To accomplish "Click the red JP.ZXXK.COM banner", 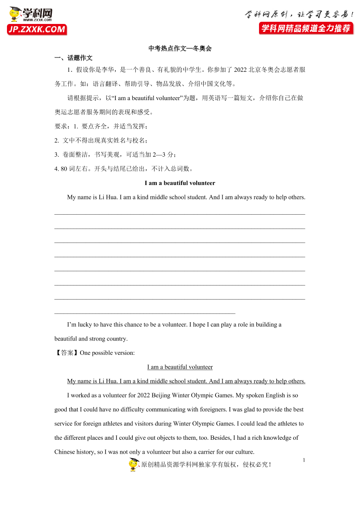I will coord(37,30).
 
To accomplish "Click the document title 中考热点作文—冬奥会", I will coord(180,49).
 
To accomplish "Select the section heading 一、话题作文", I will coord(73,58).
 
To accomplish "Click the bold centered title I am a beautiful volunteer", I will coord(180,183).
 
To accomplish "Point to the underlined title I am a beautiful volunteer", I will coord(180,367).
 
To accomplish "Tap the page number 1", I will coord(304,460).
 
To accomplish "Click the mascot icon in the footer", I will coord(133,465).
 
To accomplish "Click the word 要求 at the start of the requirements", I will coord(61,126).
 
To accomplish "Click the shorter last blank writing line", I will coord(145,313).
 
